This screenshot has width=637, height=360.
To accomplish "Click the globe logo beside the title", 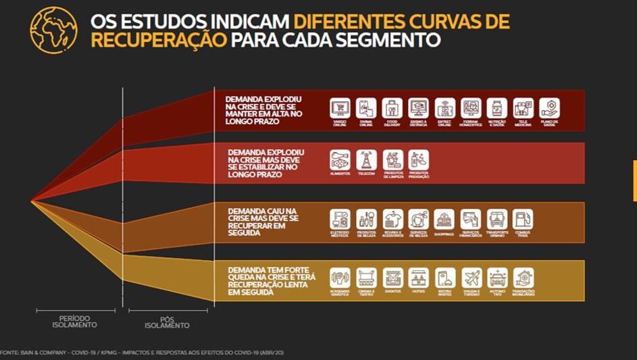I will click(x=53, y=29).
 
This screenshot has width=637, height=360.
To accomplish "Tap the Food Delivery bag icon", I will click(x=392, y=108).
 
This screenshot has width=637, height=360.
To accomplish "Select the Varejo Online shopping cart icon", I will click(x=340, y=108).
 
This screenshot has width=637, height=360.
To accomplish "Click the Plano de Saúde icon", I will click(x=549, y=108).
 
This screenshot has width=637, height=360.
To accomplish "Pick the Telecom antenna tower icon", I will click(x=366, y=159).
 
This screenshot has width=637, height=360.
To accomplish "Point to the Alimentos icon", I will click(x=340, y=159).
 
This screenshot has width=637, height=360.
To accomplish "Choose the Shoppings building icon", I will click(x=444, y=219).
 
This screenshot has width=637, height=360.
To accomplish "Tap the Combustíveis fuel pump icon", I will click(x=523, y=219).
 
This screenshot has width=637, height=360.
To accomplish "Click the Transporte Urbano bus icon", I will click(x=496, y=219).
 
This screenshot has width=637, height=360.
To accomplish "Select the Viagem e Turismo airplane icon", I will click(x=471, y=278).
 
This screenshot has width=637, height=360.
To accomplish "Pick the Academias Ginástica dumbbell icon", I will click(x=340, y=278).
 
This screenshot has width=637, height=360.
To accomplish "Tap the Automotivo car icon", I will click(x=497, y=278).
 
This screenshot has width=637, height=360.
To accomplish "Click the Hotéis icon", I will click(x=418, y=278).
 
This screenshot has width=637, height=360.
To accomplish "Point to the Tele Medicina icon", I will click(x=523, y=108).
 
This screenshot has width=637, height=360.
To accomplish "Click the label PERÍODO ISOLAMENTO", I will click(x=74, y=321).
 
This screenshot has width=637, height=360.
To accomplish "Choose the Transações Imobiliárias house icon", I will click(x=523, y=278).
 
